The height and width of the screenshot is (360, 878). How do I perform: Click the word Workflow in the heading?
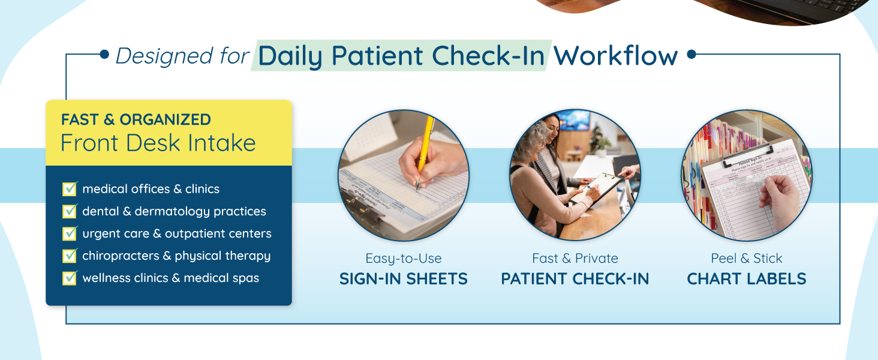pos(615,56)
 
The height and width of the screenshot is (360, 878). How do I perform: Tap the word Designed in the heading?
pos(164,56)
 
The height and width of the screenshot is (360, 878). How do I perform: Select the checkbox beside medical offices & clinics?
pos(70,188)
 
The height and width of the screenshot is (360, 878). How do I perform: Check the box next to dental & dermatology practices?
pos(70,211)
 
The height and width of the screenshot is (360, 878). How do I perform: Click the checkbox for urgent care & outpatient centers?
pos(70,233)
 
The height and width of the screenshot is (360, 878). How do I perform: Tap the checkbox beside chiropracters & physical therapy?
pos(70,256)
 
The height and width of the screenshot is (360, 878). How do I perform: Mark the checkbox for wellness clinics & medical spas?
pos(70,278)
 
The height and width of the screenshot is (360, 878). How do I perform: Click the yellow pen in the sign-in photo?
pos(425,153)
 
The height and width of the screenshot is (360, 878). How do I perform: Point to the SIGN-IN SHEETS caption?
pos(404,279)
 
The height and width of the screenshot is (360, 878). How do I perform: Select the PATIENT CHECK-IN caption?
pos(575,279)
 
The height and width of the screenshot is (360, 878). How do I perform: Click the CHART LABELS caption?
pos(746,279)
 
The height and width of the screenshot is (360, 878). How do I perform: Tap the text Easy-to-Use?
pos(404,259)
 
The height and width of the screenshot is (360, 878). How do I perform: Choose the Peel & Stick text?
pos(746,259)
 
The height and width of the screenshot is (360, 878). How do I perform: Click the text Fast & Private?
pos(575,259)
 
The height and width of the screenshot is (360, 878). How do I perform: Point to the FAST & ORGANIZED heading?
pos(136,119)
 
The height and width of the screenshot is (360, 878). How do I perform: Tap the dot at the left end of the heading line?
pos(104,54)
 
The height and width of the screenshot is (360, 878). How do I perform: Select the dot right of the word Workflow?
pos(692,54)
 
